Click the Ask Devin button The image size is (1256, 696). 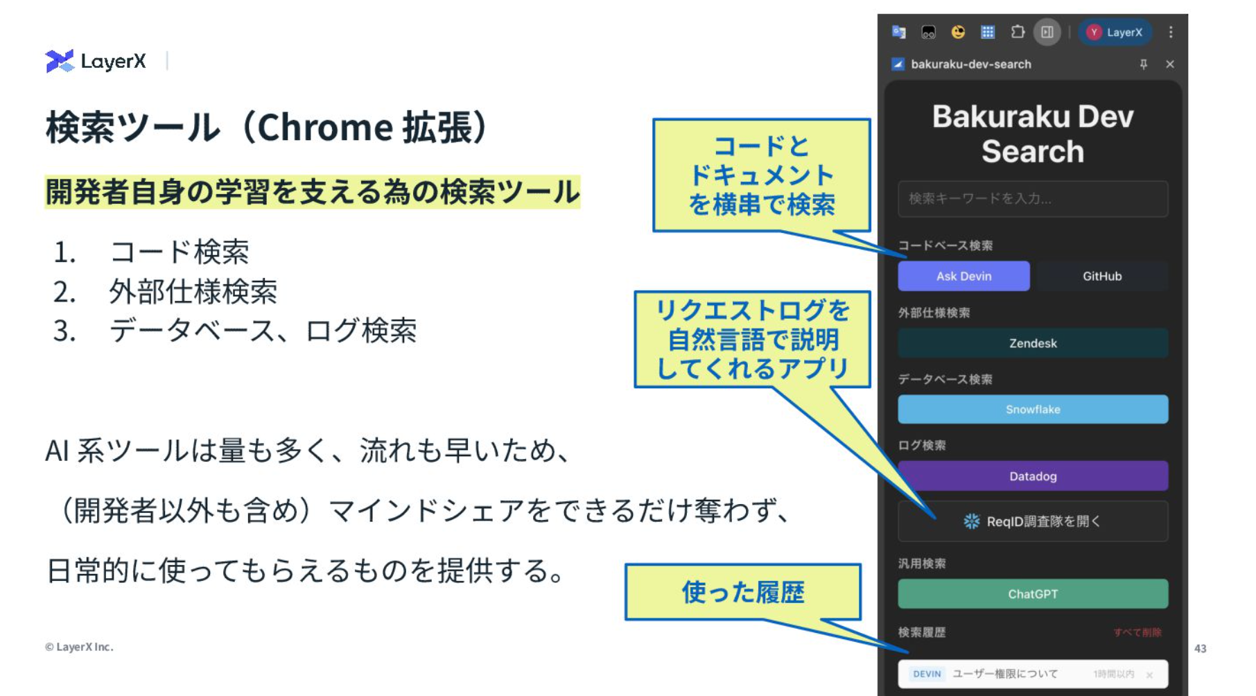[963, 276]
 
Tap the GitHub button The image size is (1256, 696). [1102, 276]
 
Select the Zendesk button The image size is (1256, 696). [1033, 343]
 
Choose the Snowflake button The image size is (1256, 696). [1033, 410]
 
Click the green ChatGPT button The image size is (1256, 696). [1033, 594]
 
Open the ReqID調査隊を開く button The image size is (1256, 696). [1033, 521]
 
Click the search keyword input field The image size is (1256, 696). [1033, 199]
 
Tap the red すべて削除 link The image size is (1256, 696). [1137, 632]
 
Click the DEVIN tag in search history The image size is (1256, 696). [927, 674]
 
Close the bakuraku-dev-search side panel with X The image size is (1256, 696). [1170, 64]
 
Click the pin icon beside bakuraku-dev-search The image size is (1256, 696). [1144, 64]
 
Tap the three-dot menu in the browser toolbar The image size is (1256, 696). [1171, 32]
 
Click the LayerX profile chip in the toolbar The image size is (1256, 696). [1115, 32]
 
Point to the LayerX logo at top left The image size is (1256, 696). [96, 61]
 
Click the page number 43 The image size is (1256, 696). [1201, 649]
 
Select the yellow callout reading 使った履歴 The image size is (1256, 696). [743, 592]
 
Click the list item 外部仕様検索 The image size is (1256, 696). [193, 291]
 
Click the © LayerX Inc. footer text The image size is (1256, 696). [79, 647]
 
